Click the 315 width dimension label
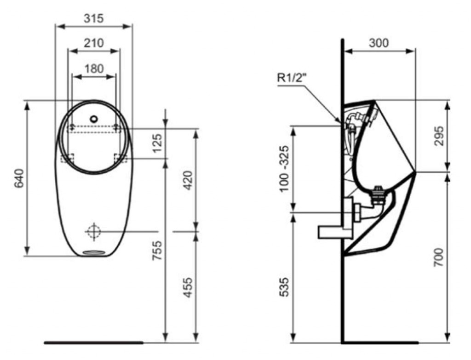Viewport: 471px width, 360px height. (x=93, y=18)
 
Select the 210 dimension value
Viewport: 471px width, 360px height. (x=94, y=43)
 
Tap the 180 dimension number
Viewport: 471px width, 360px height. (x=94, y=69)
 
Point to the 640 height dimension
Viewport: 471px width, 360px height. (x=19, y=178)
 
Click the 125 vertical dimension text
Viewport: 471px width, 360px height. (x=157, y=143)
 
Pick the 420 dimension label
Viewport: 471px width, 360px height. (x=188, y=180)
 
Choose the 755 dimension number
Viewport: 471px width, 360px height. (x=157, y=251)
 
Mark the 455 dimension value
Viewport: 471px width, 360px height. (x=188, y=287)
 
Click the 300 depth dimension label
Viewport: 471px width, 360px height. (x=379, y=43)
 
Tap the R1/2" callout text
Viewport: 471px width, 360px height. (x=291, y=78)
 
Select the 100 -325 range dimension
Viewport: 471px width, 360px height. (x=284, y=168)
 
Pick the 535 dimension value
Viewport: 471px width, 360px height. (x=284, y=287)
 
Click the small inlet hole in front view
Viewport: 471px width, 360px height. (x=94, y=119)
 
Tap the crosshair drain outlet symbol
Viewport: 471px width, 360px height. (x=94, y=232)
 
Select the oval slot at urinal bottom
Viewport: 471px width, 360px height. (x=93, y=252)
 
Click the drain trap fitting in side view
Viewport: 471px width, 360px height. (x=379, y=195)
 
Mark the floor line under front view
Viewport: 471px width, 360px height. (x=94, y=342)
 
